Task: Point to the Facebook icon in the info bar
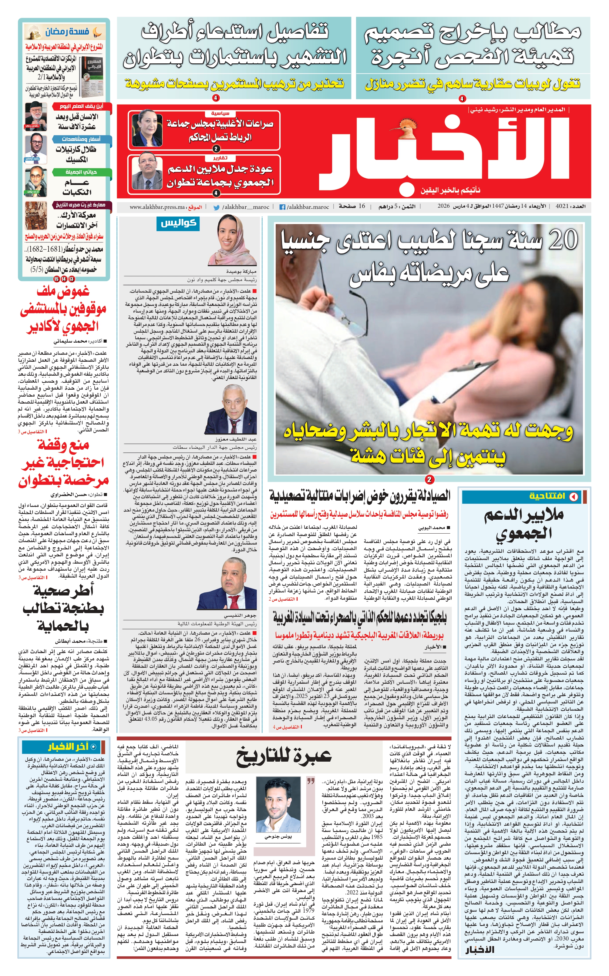(282, 207)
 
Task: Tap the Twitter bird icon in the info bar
(216, 207)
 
